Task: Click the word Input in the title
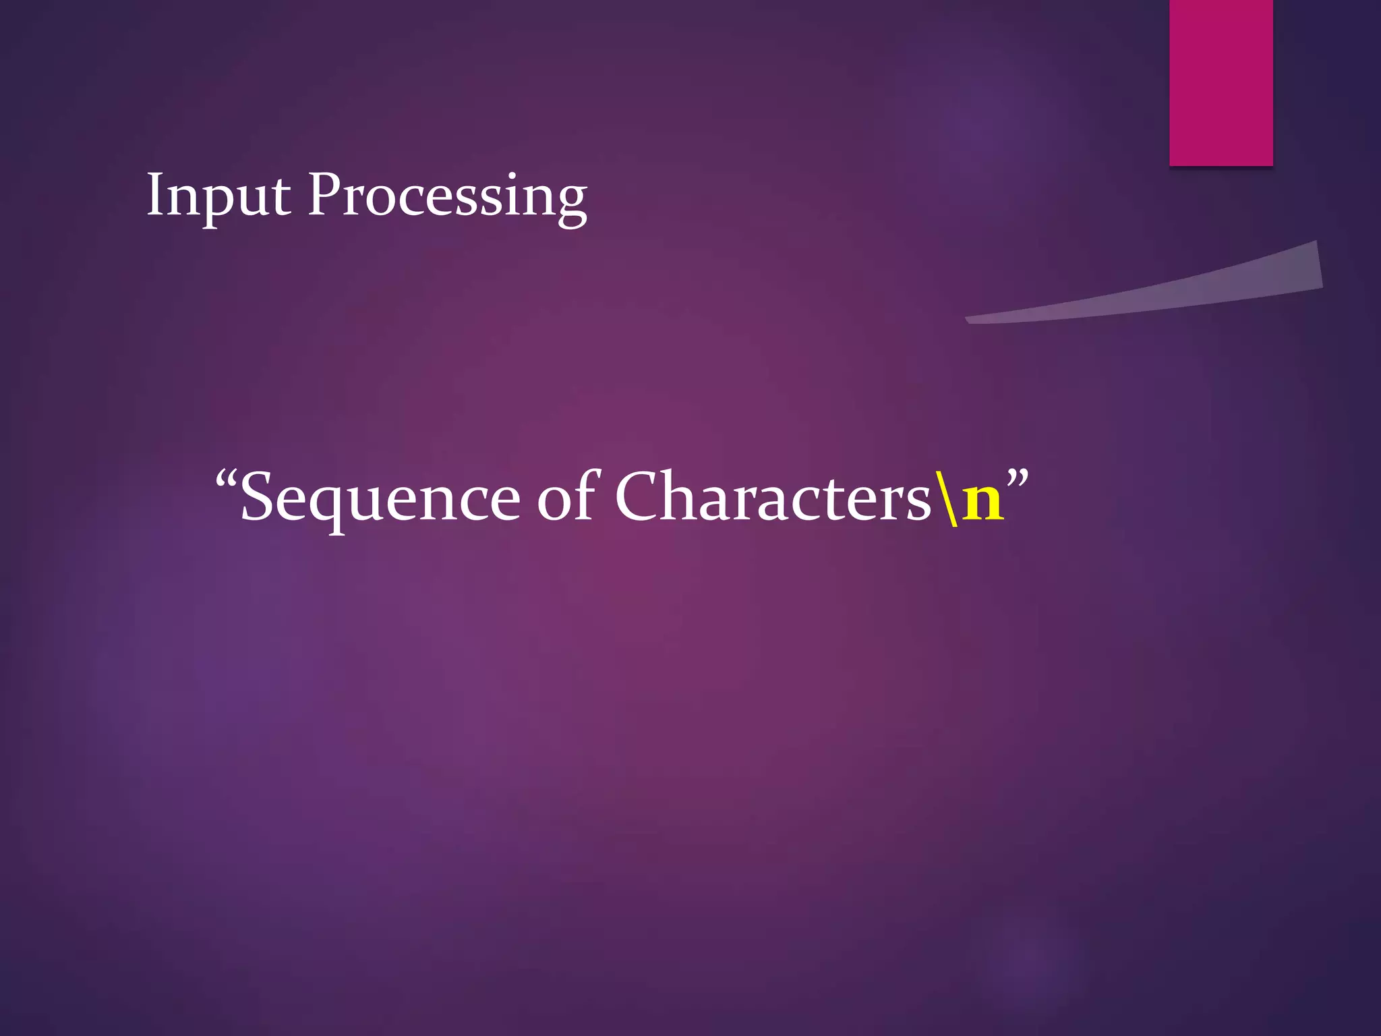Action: click(218, 196)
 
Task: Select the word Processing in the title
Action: click(447, 196)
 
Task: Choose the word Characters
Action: click(773, 497)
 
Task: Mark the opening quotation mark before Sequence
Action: click(227, 480)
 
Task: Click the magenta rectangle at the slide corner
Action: click(1221, 82)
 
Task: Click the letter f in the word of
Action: click(587, 494)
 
